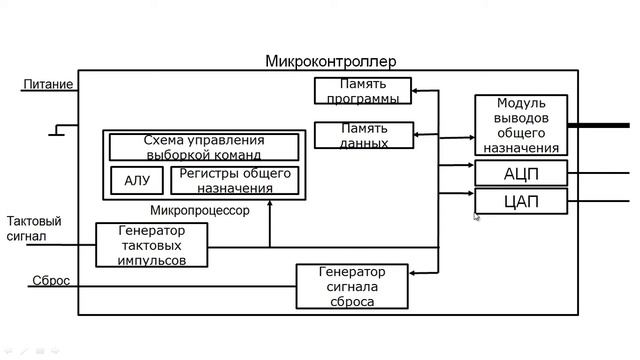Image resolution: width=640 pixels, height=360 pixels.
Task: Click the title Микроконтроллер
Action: pyautogui.click(x=330, y=61)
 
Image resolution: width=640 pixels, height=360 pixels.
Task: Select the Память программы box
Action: pyautogui.click(x=362, y=91)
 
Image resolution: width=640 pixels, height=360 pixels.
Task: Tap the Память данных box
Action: pyautogui.click(x=364, y=135)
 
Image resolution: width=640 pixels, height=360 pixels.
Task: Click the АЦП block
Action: pyautogui.click(x=520, y=173)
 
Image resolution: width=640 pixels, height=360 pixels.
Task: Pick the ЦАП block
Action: pyautogui.click(x=520, y=201)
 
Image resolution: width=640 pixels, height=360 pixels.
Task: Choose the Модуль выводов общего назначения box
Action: pyautogui.click(x=520, y=125)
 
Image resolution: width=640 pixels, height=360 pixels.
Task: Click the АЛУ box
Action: pyautogui.click(x=137, y=181)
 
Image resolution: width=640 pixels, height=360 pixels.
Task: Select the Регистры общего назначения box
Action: pyautogui.click(x=234, y=181)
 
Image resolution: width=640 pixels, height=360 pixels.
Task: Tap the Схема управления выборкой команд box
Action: pyautogui.click(x=203, y=147)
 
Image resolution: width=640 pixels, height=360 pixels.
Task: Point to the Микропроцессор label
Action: pyautogui.click(x=199, y=211)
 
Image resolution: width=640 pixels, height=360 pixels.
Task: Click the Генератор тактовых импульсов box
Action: pyautogui.click(x=153, y=245)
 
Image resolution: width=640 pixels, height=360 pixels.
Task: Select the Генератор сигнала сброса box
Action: pyautogui.click(x=353, y=286)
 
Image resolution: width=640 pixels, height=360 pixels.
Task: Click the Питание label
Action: pyautogui.click(x=48, y=85)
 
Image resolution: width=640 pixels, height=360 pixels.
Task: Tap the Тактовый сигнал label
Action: pyautogui.click(x=34, y=228)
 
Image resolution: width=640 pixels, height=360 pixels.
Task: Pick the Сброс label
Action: pyautogui.click(x=50, y=281)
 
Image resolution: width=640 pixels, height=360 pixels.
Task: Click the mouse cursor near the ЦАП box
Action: pyautogui.click(x=477, y=216)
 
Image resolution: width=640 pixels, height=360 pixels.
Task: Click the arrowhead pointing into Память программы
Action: pyautogui.click(x=417, y=91)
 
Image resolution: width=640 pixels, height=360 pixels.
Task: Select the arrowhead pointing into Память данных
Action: pyautogui.click(x=417, y=134)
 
